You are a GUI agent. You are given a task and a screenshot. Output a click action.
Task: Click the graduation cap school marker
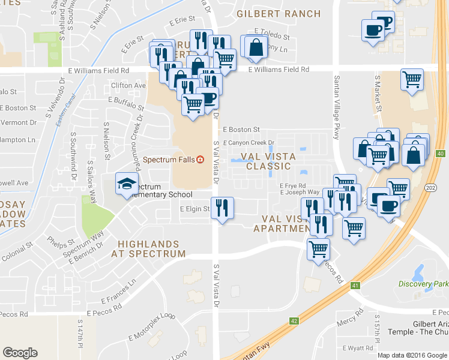(x=127, y=184)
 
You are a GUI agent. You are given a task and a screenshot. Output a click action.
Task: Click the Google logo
(x=20, y=353)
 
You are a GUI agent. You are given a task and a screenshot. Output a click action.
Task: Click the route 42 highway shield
(x=294, y=321)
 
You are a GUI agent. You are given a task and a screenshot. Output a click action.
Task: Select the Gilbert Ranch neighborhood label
(x=276, y=13)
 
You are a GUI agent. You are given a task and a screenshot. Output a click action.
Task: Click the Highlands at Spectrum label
(x=148, y=249)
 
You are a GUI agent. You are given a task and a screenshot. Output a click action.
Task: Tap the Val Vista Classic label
(x=268, y=161)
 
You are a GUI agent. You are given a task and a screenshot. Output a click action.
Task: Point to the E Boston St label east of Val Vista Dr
(x=241, y=129)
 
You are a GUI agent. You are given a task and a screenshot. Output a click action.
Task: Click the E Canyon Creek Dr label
(x=249, y=143)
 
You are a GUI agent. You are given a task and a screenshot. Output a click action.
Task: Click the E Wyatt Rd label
(x=358, y=348)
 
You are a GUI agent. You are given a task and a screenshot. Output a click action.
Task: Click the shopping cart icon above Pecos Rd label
(x=318, y=248)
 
